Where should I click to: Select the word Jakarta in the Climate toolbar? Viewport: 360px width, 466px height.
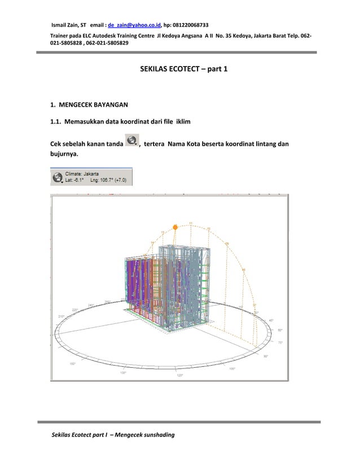click(x=89, y=174)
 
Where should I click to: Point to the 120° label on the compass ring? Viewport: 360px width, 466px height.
click(x=180, y=375)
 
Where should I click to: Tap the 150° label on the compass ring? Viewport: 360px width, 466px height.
click(x=73, y=363)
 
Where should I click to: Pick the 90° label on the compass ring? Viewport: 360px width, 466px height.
click(x=265, y=356)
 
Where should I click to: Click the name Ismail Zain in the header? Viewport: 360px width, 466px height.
click(x=65, y=25)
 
